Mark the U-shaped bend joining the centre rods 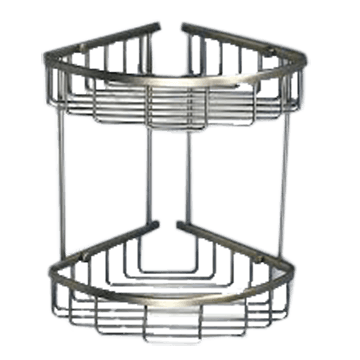tap(166, 270)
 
